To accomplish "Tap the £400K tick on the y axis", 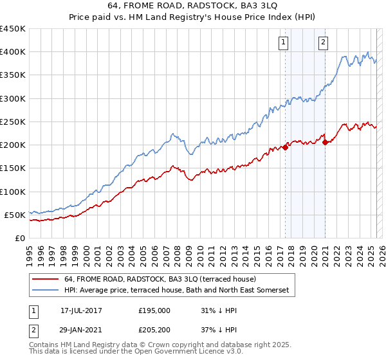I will [13, 52].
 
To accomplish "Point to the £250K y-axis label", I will [13, 122].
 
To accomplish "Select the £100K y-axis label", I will [13, 192].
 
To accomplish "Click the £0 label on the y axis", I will [19, 238].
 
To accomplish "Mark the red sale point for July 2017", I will [285, 147].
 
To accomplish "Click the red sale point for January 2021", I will [326, 143].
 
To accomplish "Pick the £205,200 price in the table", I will [154, 330].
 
